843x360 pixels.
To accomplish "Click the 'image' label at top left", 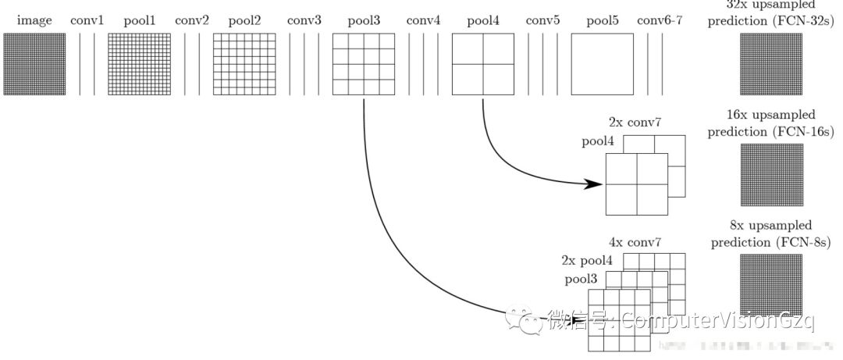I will [34, 20].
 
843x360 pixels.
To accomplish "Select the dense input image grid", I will [34, 65].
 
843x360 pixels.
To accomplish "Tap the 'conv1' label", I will [87, 20].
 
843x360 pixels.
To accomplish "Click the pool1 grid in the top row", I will [138, 65].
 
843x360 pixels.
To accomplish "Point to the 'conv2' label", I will [192, 20].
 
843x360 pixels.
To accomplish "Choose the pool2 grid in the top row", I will [244, 65].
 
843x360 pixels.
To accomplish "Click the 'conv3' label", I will [304, 20].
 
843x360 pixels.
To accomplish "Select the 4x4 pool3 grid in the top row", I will [363, 65].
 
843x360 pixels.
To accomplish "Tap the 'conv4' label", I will [423, 20].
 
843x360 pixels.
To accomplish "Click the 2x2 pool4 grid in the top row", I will [482, 65].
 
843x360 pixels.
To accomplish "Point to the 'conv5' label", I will [542, 20].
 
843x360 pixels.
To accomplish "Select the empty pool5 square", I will [602, 65].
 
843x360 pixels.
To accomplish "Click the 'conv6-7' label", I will [660, 20].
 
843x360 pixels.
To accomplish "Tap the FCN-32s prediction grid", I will [770, 65].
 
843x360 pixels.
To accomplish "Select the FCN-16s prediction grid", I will [770, 174].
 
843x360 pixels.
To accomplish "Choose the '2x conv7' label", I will [636, 123].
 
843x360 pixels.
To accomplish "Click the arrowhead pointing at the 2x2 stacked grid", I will [595, 184].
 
